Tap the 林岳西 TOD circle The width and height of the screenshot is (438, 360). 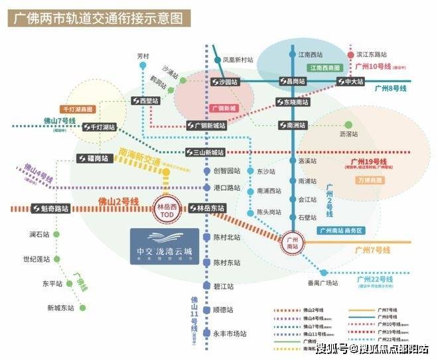click(167, 207)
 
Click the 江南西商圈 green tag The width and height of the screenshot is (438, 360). click(325, 68)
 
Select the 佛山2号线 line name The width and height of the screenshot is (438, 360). click(117, 201)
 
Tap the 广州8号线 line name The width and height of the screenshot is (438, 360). click(392, 88)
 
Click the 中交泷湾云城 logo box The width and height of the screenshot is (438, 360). click(164, 247)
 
